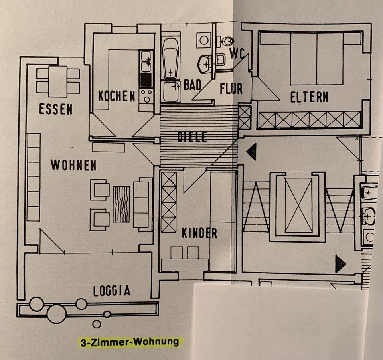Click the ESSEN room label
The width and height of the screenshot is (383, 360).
tap(56, 109)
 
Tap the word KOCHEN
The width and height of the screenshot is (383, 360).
tap(116, 96)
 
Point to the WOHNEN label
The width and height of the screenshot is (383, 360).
tap(73, 165)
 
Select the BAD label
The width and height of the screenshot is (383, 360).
tap(192, 85)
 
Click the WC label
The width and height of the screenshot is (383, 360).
tap(237, 53)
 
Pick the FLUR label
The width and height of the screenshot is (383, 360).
tap(231, 89)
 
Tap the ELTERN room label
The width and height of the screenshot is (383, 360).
tap(309, 97)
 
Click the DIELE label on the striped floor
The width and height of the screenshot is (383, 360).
tap(192, 137)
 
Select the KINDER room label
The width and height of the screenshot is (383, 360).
tap(199, 233)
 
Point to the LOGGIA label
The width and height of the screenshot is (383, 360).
tap(112, 291)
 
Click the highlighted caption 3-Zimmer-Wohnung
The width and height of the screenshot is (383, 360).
tap(130, 342)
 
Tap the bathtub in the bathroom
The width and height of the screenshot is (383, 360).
tap(170, 58)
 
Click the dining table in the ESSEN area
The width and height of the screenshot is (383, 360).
tap(58, 82)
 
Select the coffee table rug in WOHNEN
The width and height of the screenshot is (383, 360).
tap(121, 204)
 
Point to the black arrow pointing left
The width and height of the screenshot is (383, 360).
tap(252, 152)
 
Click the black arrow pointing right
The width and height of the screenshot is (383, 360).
tap(340, 264)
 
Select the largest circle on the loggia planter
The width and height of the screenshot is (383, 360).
tap(57, 314)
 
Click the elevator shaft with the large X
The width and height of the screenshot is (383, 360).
tap(298, 205)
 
